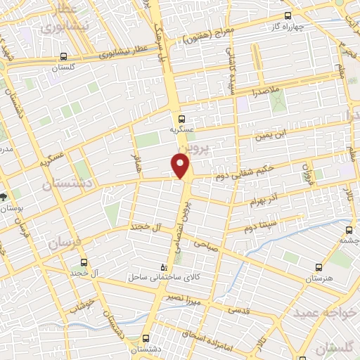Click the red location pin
coord(181,166)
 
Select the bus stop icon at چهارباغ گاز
coord(287,15)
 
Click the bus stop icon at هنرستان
coord(319,267)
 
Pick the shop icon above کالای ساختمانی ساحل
coord(165,266)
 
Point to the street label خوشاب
coord(82,307)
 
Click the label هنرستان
coord(319,278)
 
